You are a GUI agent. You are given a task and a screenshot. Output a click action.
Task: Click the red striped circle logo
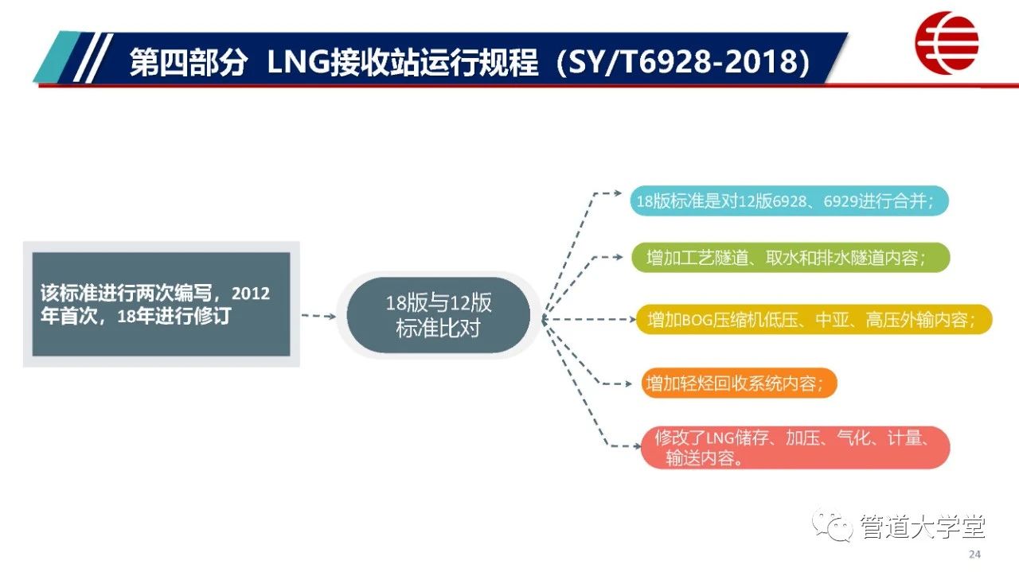(x=947, y=42)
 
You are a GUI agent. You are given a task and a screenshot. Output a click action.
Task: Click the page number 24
(x=974, y=554)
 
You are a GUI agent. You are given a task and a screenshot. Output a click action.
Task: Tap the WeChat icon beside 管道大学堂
(x=833, y=527)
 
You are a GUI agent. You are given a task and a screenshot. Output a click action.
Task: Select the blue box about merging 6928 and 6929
(x=789, y=200)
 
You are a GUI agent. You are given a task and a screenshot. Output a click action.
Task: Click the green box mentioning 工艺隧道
(x=791, y=258)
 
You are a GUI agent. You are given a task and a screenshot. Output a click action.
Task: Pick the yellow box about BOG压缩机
(x=814, y=320)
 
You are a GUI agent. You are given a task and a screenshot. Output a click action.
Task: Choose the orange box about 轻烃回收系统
(x=740, y=383)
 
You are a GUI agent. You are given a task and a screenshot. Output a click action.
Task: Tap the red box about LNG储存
(x=795, y=447)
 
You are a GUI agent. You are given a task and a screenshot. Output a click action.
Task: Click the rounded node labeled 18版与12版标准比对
(x=439, y=315)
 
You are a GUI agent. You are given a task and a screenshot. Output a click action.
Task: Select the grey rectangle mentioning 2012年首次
(x=161, y=304)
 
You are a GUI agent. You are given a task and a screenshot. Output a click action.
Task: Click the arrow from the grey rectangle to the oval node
(x=319, y=316)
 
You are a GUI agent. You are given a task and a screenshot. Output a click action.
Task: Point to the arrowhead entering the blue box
(x=618, y=193)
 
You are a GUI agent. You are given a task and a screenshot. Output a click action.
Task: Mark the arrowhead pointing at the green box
(x=619, y=257)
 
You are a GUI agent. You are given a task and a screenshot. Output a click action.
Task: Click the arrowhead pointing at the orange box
(x=627, y=384)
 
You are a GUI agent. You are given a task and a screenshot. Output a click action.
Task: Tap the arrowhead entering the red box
(x=637, y=446)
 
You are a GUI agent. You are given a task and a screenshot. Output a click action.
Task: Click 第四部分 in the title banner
(x=189, y=62)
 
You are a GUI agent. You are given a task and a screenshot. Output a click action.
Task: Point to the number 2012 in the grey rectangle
(x=251, y=294)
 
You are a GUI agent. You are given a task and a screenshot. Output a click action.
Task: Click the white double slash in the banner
(x=93, y=58)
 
